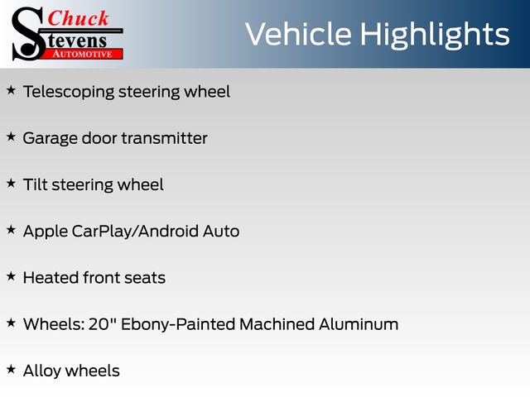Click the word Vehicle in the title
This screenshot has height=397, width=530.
[298, 34]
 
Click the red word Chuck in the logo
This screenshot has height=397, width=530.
[78, 18]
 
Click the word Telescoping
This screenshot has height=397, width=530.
[69, 93]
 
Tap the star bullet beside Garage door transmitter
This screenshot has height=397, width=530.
[11, 137]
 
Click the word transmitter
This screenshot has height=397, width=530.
[164, 138]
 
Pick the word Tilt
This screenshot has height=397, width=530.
[35, 184]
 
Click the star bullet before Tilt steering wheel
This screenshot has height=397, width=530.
[11, 184]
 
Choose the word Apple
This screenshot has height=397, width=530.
[46, 232]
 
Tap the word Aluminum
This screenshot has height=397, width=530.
[359, 324]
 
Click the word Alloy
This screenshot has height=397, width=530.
[42, 371]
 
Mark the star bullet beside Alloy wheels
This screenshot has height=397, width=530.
[11, 370]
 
